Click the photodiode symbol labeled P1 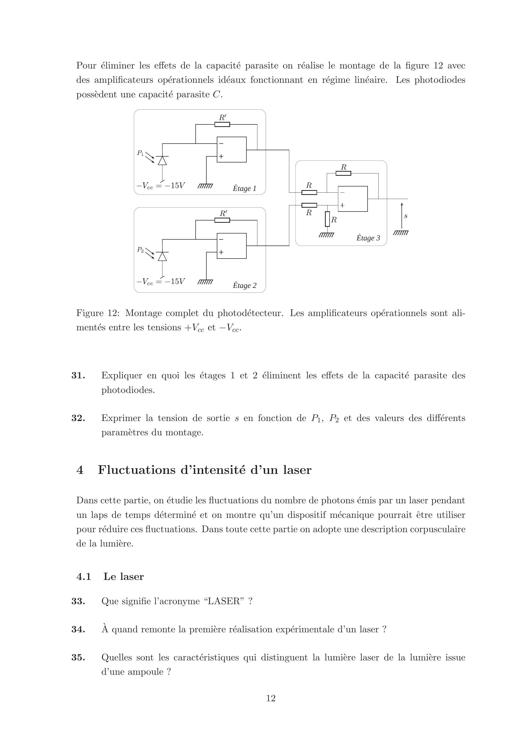coord(162,160)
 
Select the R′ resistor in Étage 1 coord(222,124)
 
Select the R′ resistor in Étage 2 coord(222,220)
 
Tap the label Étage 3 coord(368,238)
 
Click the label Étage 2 coord(244,286)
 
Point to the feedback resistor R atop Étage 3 coord(343,173)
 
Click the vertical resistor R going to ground coord(328,219)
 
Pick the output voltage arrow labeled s coord(402,215)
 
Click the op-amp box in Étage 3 coord(353,199)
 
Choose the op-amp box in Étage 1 coord(232,150)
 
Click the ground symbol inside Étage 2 coord(205,282)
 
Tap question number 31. coord(78,376)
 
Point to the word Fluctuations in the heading coord(136,470)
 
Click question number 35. coord(78,658)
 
